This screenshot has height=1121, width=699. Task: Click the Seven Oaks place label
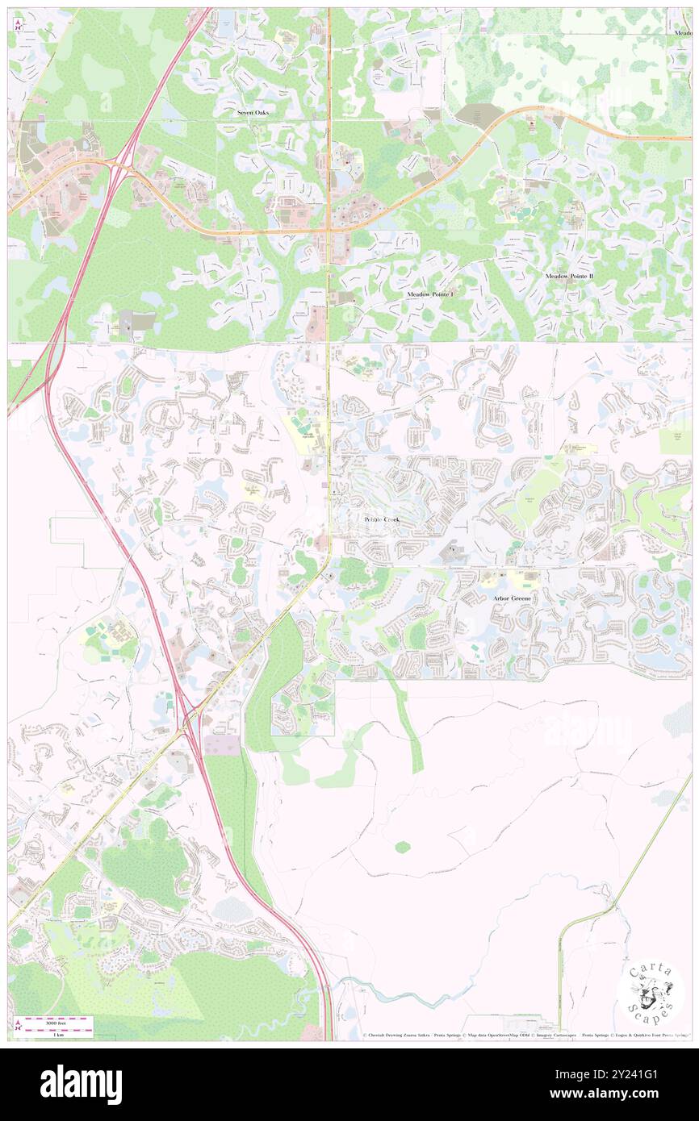pos(252,113)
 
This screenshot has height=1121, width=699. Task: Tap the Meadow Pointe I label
pos(430,296)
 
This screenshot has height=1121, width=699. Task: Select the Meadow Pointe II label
pos(568,277)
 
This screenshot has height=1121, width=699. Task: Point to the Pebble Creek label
pos(382,520)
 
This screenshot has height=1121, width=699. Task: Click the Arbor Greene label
pos(512,599)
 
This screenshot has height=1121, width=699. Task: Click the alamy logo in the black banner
pos(81,1085)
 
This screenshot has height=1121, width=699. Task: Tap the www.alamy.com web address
pos(617,1094)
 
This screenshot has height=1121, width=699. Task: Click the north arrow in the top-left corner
pos(17,22)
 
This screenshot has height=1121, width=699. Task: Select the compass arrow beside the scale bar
pos(18,1025)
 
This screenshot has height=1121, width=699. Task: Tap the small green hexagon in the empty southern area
pos(403,847)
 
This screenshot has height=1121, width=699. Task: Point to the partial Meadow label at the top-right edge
pos(682,33)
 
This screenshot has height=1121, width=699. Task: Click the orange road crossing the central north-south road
pos(329,231)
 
